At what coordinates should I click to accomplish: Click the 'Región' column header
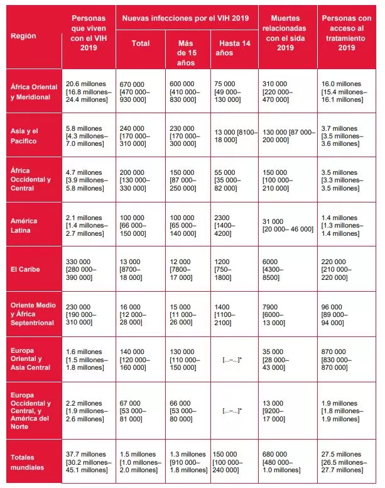[24, 36]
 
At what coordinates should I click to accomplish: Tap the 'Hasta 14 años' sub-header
[230, 48]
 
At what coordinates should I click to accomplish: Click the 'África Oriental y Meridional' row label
[34, 91]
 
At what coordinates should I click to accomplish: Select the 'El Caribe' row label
[24, 269]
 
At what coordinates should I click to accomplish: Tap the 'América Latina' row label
[24, 225]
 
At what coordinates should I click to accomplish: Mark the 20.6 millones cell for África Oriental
[87, 91]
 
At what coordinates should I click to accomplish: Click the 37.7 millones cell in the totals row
[87, 462]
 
